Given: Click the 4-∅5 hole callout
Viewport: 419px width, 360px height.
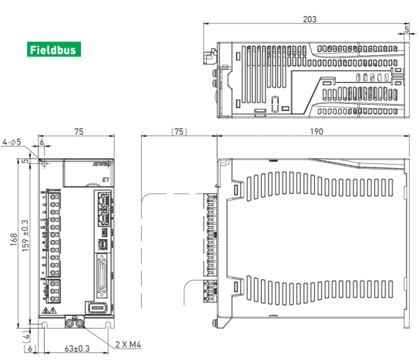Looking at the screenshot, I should click(12, 142).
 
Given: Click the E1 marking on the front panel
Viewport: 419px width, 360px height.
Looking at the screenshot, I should click(105, 180).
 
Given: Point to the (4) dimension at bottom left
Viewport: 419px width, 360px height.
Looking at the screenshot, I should click(26, 333).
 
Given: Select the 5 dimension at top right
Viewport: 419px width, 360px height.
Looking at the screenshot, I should click(406, 30).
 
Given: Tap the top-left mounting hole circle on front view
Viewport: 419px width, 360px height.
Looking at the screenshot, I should click(44, 165).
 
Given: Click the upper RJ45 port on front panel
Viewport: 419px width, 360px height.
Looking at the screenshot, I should click(103, 202).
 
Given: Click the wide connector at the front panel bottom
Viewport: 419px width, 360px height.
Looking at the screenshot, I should click(98, 308).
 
